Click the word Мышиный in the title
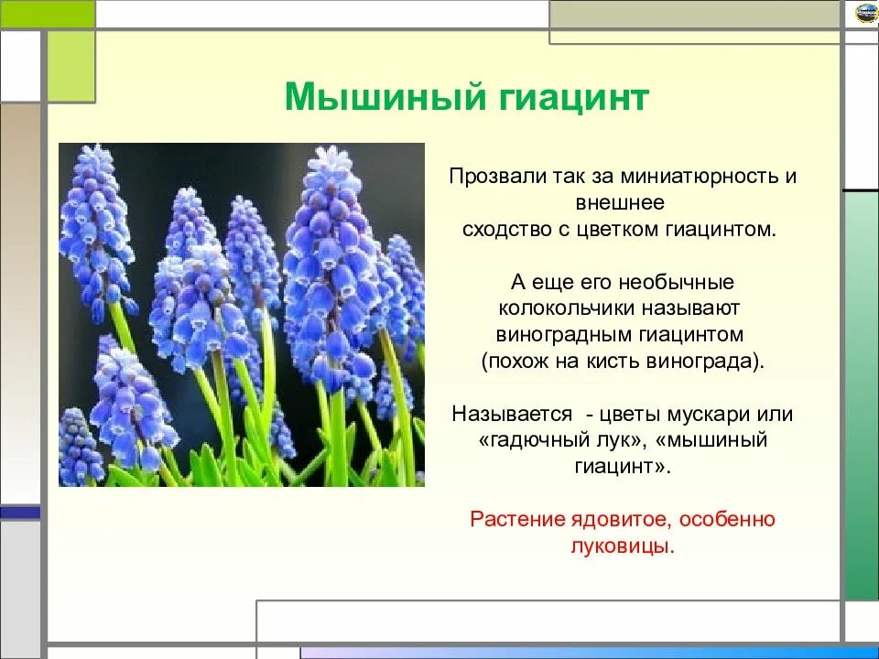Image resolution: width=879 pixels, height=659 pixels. coord(385,97)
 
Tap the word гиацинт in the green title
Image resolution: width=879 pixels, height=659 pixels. coord(573,97)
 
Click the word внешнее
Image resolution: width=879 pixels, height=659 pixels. coord(620,202)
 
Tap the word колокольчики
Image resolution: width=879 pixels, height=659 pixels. coord(567,308)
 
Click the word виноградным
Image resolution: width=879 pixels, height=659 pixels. coord(564,335)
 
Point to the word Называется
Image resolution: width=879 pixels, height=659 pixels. coord(512,414)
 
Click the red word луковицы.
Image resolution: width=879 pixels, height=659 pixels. coord(623,546)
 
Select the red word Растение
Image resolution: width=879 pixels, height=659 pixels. coord(516,520)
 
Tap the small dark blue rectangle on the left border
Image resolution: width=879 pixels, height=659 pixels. coord(20,513)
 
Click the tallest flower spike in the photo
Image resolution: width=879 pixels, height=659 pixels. coord(331,269)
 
